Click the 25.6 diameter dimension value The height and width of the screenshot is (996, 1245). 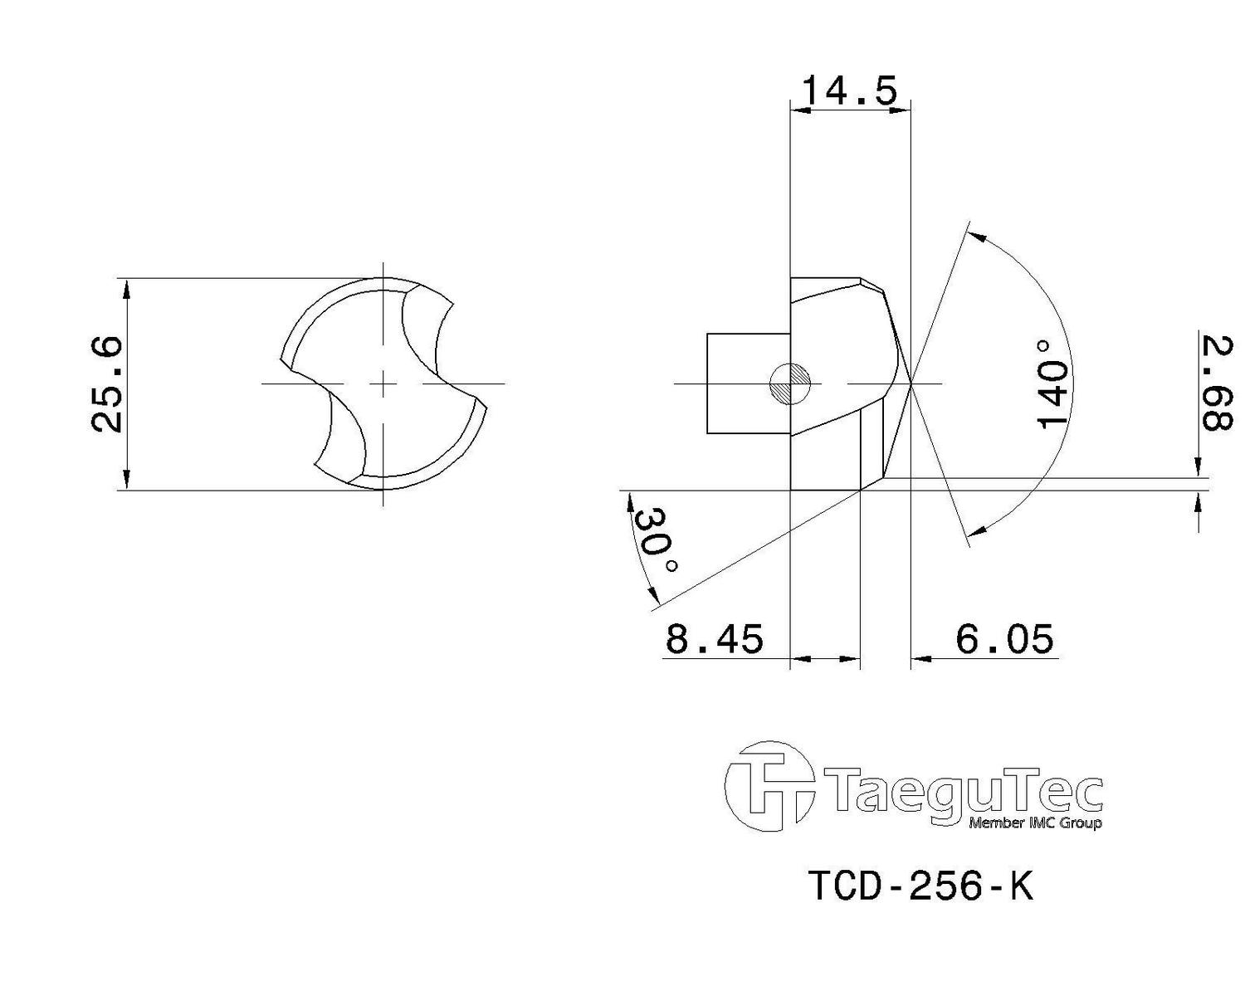tap(108, 384)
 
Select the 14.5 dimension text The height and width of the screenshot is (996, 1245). tap(850, 90)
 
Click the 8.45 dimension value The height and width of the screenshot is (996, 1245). tap(715, 639)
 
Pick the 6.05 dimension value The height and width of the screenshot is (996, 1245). tap(1004, 639)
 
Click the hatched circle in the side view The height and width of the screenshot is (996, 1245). tap(790, 384)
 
